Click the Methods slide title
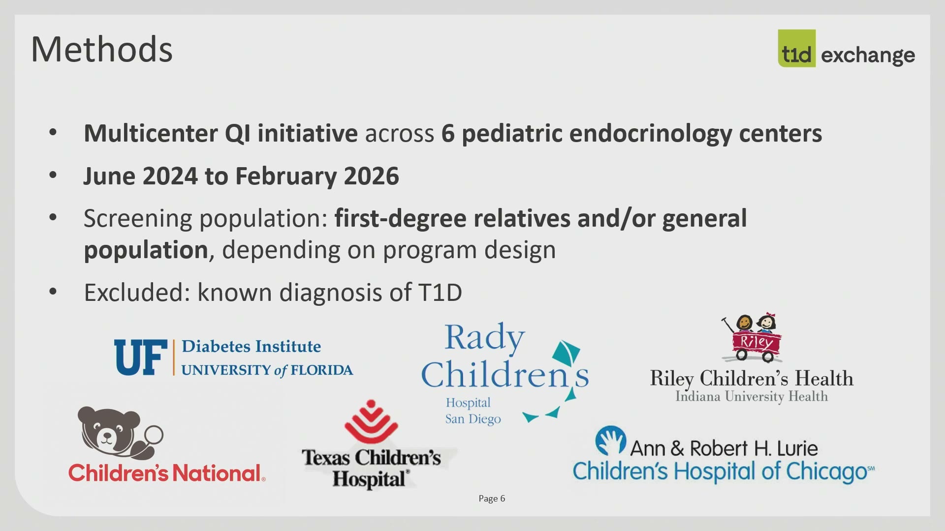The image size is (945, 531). click(x=102, y=49)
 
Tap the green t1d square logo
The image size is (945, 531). click(x=796, y=48)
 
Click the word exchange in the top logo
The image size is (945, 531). click(x=868, y=55)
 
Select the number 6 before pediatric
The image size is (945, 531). click(x=448, y=133)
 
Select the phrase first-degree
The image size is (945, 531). click(x=400, y=219)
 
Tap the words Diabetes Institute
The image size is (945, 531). click(x=251, y=346)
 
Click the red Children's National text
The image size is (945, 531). click(x=167, y=473)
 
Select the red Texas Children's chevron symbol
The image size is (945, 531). click(x=371, y=421)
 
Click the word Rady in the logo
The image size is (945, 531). click(x=485, y=338)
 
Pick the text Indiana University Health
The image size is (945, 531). click(x=752, y=396)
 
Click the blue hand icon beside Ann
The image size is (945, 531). click(x=610, y=441)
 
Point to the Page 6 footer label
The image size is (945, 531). click(x=492, y=499)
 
